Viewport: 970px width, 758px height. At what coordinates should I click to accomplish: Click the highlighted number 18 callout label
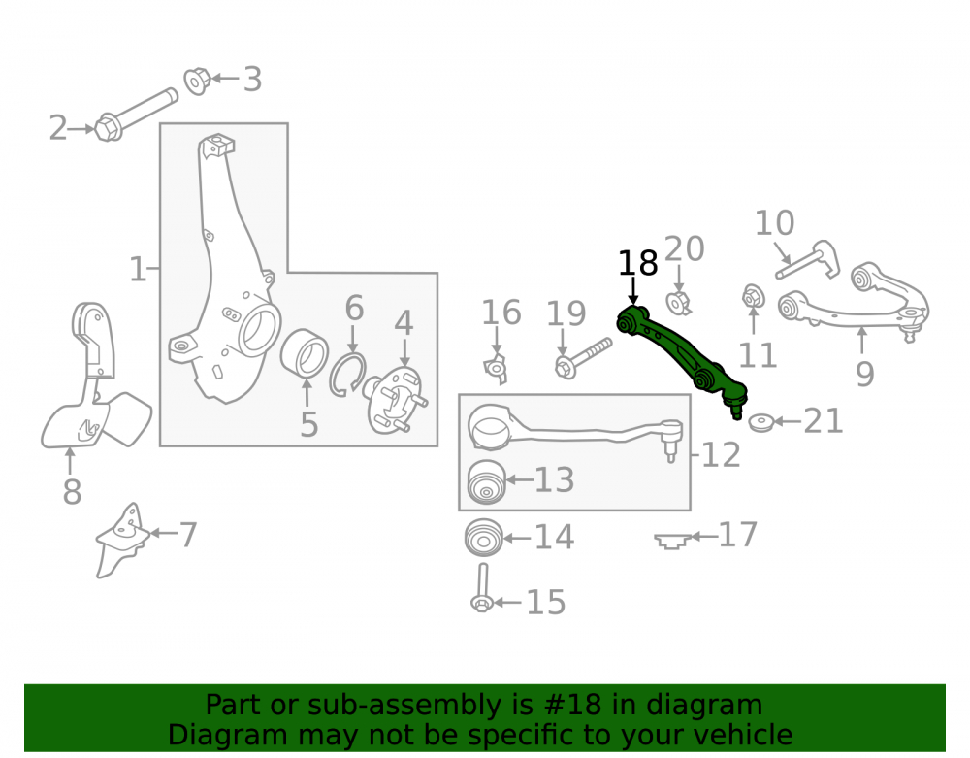tap(638, 264)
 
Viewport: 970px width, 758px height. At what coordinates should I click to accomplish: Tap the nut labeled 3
tap(197, 81)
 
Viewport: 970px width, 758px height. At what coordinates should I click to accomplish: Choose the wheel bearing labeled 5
tap(305, 353)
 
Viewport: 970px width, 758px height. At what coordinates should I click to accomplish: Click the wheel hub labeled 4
tap(396, 400)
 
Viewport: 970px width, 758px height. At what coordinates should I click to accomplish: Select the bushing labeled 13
tap(486, 482)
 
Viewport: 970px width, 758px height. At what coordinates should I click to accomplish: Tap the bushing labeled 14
tap(484, 537)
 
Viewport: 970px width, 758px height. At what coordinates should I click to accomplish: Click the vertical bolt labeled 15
tap(482, 588)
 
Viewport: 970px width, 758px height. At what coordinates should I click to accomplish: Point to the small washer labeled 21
tap(760, 423)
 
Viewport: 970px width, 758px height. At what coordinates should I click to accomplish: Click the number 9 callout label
tap(865, 374)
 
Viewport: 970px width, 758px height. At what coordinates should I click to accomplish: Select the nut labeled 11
tap(753, 297)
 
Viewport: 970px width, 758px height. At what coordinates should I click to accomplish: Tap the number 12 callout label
tap(722, 455)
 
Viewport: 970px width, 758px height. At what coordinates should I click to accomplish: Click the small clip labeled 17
tap(672, 541)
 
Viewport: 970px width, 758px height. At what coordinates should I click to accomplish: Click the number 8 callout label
tap(72, 492)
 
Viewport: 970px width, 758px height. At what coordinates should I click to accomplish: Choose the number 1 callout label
tap(138, 270)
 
